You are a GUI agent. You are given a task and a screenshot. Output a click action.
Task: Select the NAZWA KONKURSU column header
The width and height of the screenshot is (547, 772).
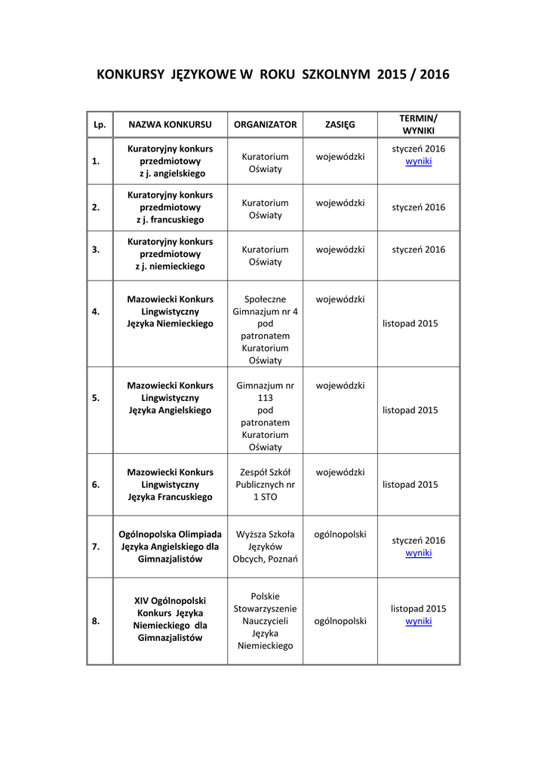point(170,124)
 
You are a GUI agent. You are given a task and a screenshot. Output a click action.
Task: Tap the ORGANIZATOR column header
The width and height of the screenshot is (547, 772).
point(265,124)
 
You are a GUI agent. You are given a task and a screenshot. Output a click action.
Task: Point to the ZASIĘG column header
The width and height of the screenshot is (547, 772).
point(340,124)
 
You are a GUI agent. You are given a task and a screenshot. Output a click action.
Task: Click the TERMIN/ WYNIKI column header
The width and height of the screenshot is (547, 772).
point(418,124)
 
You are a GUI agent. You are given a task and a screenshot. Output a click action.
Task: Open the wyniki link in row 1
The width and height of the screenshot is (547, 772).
point(418,161)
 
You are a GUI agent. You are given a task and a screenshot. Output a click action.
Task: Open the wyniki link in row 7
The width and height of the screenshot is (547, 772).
point(418,553)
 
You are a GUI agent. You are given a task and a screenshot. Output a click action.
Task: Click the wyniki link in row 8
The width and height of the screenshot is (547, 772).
point(418,621)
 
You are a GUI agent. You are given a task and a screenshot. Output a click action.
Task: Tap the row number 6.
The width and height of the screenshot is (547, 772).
point(96,485)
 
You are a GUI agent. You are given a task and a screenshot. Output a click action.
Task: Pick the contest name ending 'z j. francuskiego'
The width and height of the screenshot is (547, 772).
point(170,207)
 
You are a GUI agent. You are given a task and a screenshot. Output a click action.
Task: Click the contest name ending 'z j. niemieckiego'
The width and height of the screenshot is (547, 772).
point(170,254)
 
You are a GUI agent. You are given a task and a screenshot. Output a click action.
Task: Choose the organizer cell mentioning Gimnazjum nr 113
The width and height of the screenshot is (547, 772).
point(265,416)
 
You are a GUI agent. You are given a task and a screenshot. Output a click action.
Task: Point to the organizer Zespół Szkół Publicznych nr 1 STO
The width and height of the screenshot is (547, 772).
point(265,485)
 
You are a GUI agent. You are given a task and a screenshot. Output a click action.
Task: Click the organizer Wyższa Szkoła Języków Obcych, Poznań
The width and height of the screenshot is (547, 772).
point(265,547)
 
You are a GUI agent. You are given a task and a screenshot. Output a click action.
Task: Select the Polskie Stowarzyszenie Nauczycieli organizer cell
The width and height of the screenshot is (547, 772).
point(265,621)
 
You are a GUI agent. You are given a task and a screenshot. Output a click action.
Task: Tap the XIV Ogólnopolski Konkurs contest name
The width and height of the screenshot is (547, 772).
point(170,619)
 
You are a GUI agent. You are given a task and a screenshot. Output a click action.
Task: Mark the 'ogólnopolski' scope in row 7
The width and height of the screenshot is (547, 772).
point(340,535)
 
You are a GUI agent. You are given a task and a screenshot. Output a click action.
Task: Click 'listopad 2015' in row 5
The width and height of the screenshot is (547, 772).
point(410,410)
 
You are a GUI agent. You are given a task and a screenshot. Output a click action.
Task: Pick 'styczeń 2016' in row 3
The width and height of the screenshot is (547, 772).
point(418,250)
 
